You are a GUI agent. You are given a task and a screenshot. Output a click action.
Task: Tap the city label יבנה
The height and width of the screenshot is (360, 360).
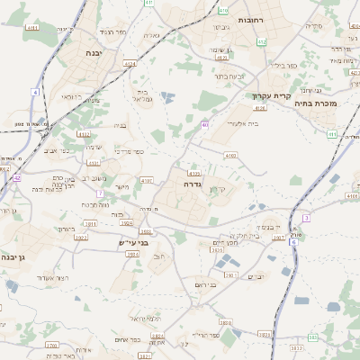pos(93,54)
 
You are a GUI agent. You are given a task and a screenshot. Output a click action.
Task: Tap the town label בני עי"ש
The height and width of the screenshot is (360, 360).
pos(133,243)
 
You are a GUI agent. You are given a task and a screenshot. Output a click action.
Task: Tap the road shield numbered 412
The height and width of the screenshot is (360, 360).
pos(261,41)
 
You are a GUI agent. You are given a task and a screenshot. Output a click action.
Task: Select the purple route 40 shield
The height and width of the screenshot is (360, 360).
pos(205,125)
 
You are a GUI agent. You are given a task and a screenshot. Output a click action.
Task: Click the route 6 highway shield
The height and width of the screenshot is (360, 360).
pos(293,242)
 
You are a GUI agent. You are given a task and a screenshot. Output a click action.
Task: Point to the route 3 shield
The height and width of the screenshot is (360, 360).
pos(306,218)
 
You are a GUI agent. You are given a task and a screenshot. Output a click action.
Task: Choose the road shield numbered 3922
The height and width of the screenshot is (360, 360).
pos(81,238)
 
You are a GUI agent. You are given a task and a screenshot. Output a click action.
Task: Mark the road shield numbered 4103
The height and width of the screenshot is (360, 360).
pos(230,156)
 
